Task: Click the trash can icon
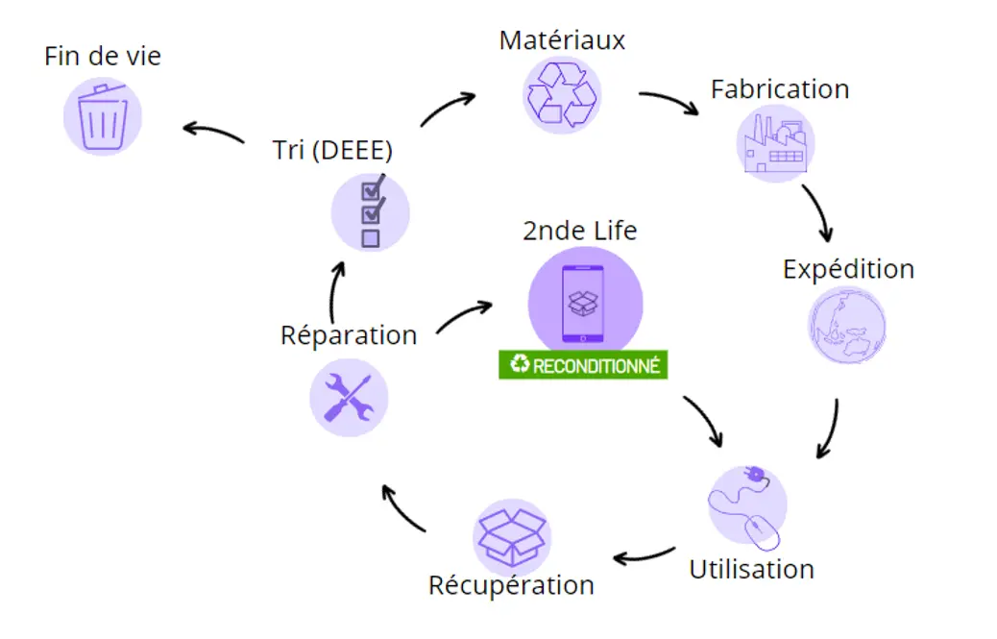coord(103,115)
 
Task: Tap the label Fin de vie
coord(103,56)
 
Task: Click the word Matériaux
coord(562,40)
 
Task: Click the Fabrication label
coord(780,89)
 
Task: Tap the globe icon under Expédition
coord(846,325)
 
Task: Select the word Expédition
coord(848,269)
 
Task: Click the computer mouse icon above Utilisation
coord(746,505)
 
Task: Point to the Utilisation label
coord(751,569)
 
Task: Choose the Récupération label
coord(511,585)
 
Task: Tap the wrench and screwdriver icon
coord(349,397)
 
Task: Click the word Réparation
coord(349,335)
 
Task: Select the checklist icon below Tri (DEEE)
coord(370,212)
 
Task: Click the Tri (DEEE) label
coord(332,151)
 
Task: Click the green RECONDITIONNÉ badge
coord(583,365)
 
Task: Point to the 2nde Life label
coord(580,231)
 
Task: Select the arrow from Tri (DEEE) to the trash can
coord(213,132)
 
